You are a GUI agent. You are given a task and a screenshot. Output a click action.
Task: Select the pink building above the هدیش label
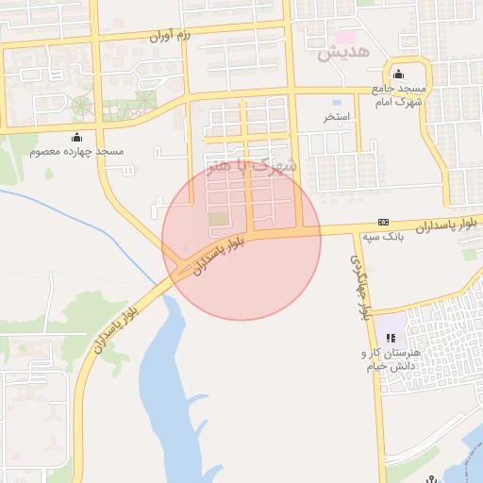coord(348,37)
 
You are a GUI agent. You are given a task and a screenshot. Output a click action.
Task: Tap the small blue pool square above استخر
coord(336,101)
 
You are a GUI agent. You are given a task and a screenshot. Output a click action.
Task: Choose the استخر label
coord(336,117)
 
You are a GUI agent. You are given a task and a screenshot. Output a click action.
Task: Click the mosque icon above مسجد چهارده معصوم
coord(76,135)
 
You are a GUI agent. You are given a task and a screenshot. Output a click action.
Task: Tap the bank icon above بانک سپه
coord(383,222)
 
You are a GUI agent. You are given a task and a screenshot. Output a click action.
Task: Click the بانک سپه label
coord(383,238)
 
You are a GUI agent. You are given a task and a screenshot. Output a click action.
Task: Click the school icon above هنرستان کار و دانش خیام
coord(391,338)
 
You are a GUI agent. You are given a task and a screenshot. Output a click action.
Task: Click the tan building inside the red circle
coord(219,219)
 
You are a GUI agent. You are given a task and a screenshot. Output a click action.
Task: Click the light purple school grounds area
coord(392,325)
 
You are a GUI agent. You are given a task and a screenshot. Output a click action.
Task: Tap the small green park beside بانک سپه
coord(469,253)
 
